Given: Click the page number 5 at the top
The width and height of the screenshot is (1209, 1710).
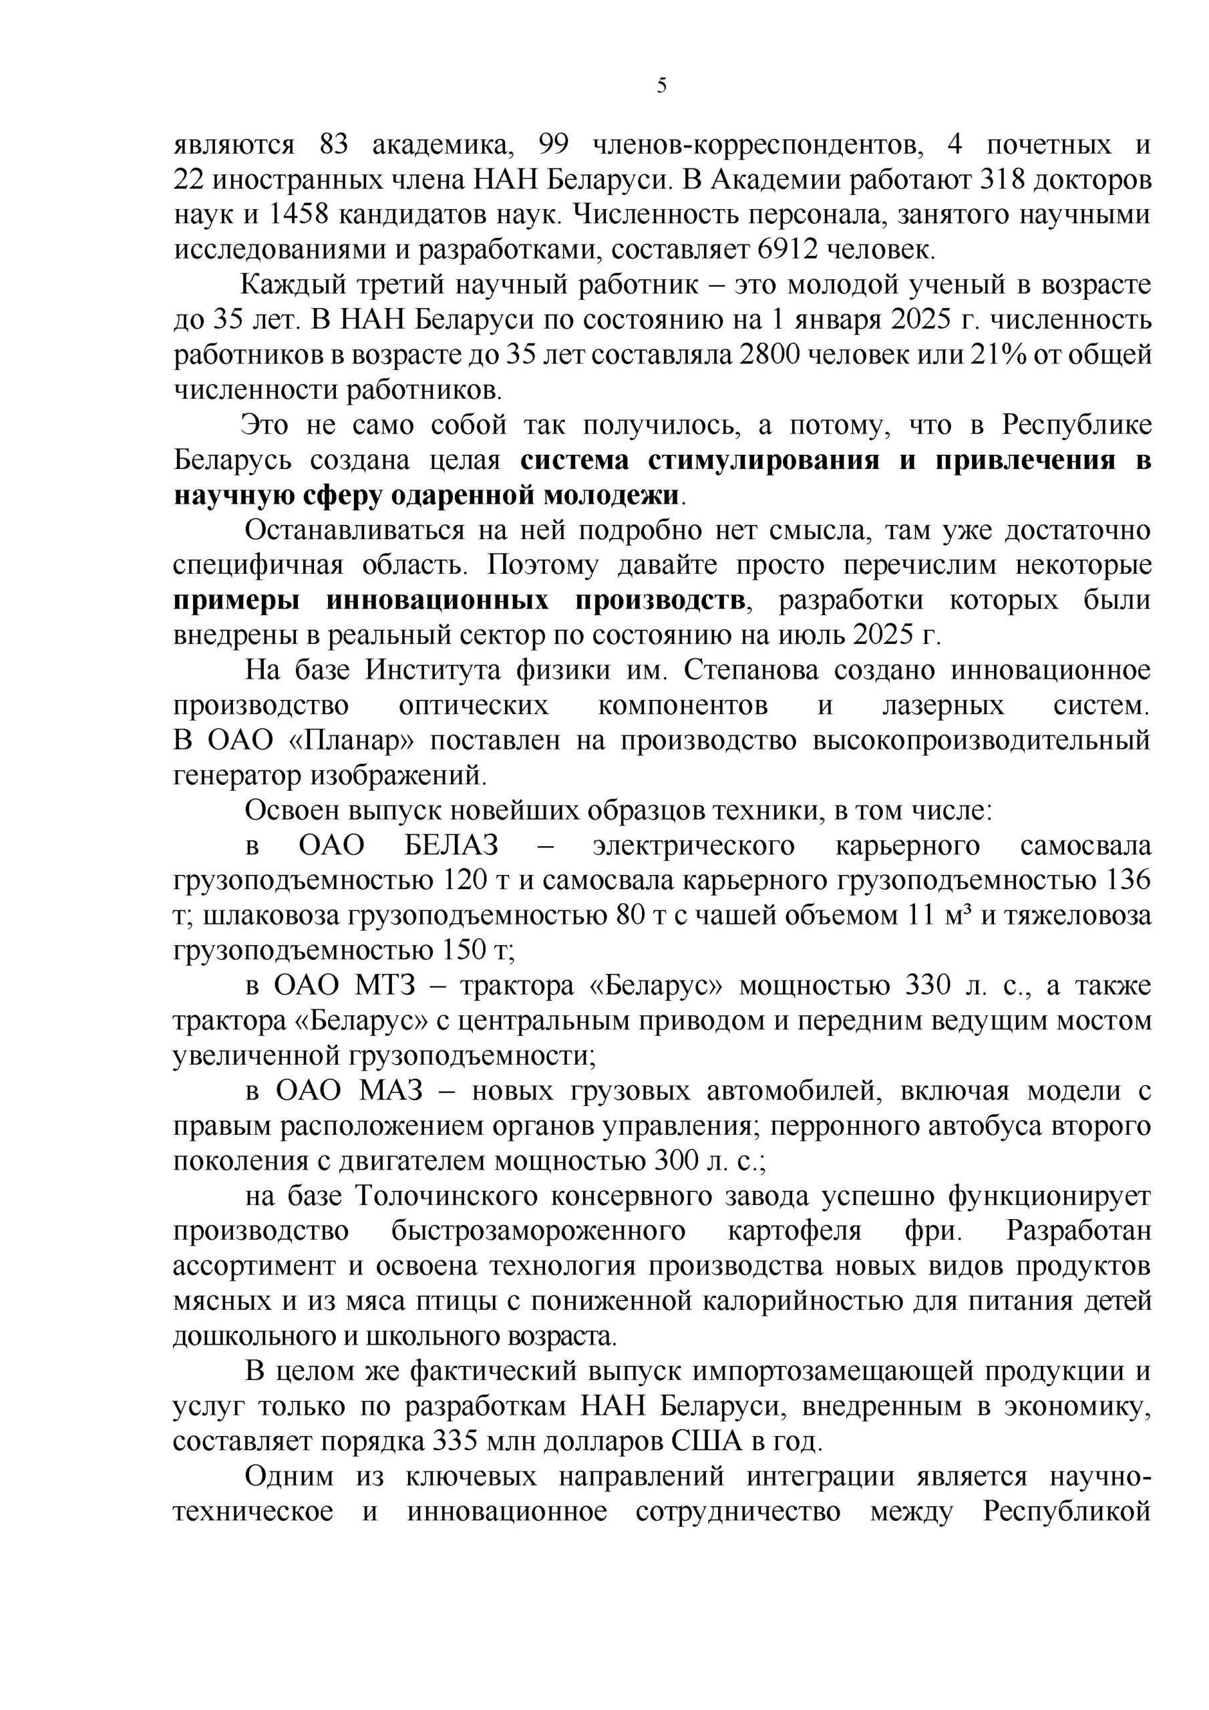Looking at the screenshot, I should (x=661, y=86).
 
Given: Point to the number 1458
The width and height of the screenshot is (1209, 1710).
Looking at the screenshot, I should (x=298, y=215).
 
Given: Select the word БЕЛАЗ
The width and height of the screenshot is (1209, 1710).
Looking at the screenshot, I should (x=452, y=846).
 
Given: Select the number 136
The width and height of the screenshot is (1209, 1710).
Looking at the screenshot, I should (x=1130, y=881).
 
